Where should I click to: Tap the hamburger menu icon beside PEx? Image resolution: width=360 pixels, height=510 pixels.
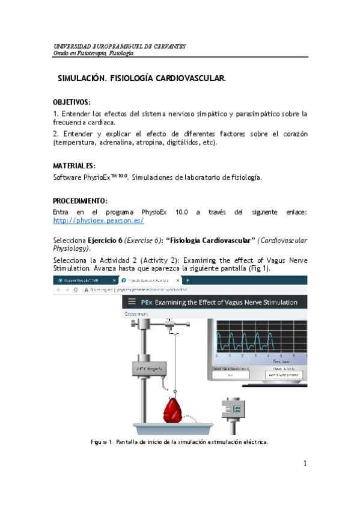tap(130, 302)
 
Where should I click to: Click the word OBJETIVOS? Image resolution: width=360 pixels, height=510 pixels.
tap(72, 102)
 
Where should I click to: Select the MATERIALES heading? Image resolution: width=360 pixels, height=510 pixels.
tap(74, 165)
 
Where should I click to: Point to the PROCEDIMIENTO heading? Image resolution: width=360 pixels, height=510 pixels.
tap(80, 200)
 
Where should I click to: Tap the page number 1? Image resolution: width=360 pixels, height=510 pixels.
tap(305, 463)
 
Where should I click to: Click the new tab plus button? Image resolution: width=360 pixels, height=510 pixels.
tap(188, 280)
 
